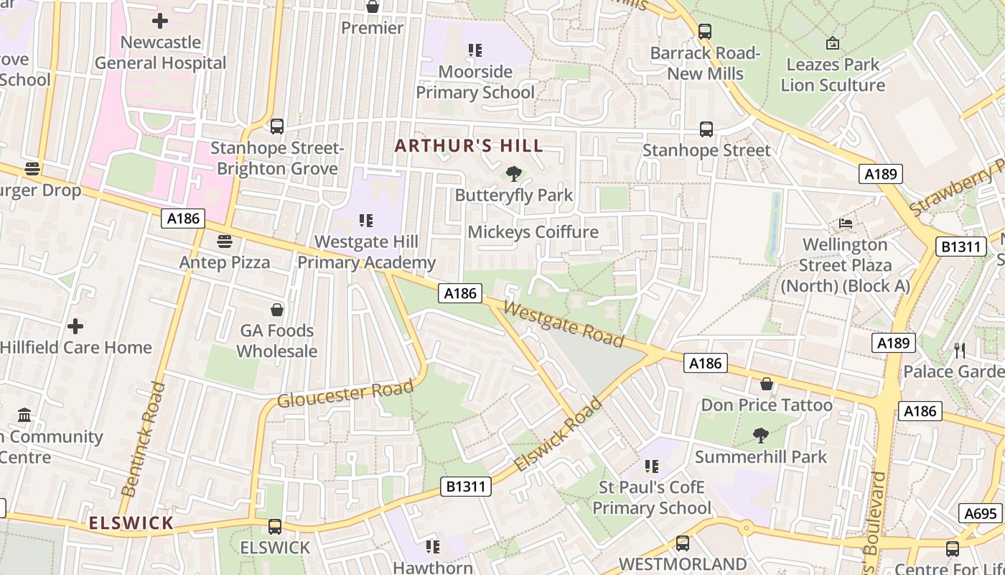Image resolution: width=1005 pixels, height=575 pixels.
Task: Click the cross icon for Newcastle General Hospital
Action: (x=160, y=21)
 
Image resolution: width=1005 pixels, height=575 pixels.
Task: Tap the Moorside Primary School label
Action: (x=475, y=82)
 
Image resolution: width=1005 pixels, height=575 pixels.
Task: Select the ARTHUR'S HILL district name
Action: (x=469, y=146)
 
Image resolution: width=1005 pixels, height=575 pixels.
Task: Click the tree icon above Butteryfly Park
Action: (x=513, y=173)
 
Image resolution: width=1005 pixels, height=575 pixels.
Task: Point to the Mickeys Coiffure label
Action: (x=533, y=232)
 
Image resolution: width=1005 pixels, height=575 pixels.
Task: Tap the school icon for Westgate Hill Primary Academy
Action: (x=366, y=220)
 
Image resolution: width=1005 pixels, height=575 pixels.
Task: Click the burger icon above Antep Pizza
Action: (x=225, y=241)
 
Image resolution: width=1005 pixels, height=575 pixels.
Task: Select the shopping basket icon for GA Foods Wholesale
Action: (x=277, y=310)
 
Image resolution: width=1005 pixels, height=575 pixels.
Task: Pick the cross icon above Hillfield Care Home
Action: (x=75, y=327)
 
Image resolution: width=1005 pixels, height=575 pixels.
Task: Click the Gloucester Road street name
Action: (x=345, y=393)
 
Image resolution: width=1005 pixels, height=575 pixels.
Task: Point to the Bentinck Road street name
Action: (x=144, y=439)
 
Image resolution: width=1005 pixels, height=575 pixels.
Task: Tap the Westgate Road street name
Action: (x=564, y=323)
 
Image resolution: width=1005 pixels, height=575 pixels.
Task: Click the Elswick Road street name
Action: (x=558, y=436)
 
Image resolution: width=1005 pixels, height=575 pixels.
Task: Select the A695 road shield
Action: (x=980, y=513)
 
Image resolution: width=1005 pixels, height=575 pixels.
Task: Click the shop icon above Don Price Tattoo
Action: (x=767, y=384)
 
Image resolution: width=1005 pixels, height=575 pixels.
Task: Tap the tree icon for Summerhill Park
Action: (x=760, y=436)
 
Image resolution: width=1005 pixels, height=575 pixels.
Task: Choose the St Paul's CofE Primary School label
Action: (x=651, y=497)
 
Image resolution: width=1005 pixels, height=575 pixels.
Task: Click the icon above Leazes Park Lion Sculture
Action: (x=832, y=43)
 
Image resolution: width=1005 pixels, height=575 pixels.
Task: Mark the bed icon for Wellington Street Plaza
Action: (x=846, y=224)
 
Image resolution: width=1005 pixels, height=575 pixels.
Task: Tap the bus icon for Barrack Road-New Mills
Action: (x=705, y=32)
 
